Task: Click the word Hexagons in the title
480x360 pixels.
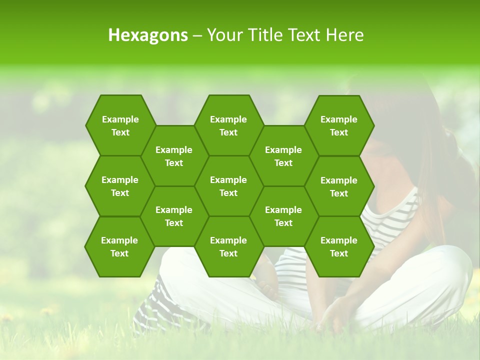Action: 148,35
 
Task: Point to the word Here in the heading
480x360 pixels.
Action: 344,35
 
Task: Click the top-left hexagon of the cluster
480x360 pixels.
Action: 120,125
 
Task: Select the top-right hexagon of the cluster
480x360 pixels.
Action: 339,125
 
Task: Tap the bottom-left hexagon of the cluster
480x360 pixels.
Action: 119,246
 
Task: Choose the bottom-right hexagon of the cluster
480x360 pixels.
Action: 339,246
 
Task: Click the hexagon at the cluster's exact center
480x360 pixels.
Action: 228,186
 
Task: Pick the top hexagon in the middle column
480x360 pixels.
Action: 228,125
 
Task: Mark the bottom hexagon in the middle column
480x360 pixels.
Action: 228,246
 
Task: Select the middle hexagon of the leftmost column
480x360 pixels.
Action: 120,186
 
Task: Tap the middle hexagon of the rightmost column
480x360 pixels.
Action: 339,186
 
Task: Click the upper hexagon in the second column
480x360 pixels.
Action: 174,156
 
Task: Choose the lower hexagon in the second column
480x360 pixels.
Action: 174,216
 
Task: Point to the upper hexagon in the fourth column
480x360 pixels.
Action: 283,156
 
